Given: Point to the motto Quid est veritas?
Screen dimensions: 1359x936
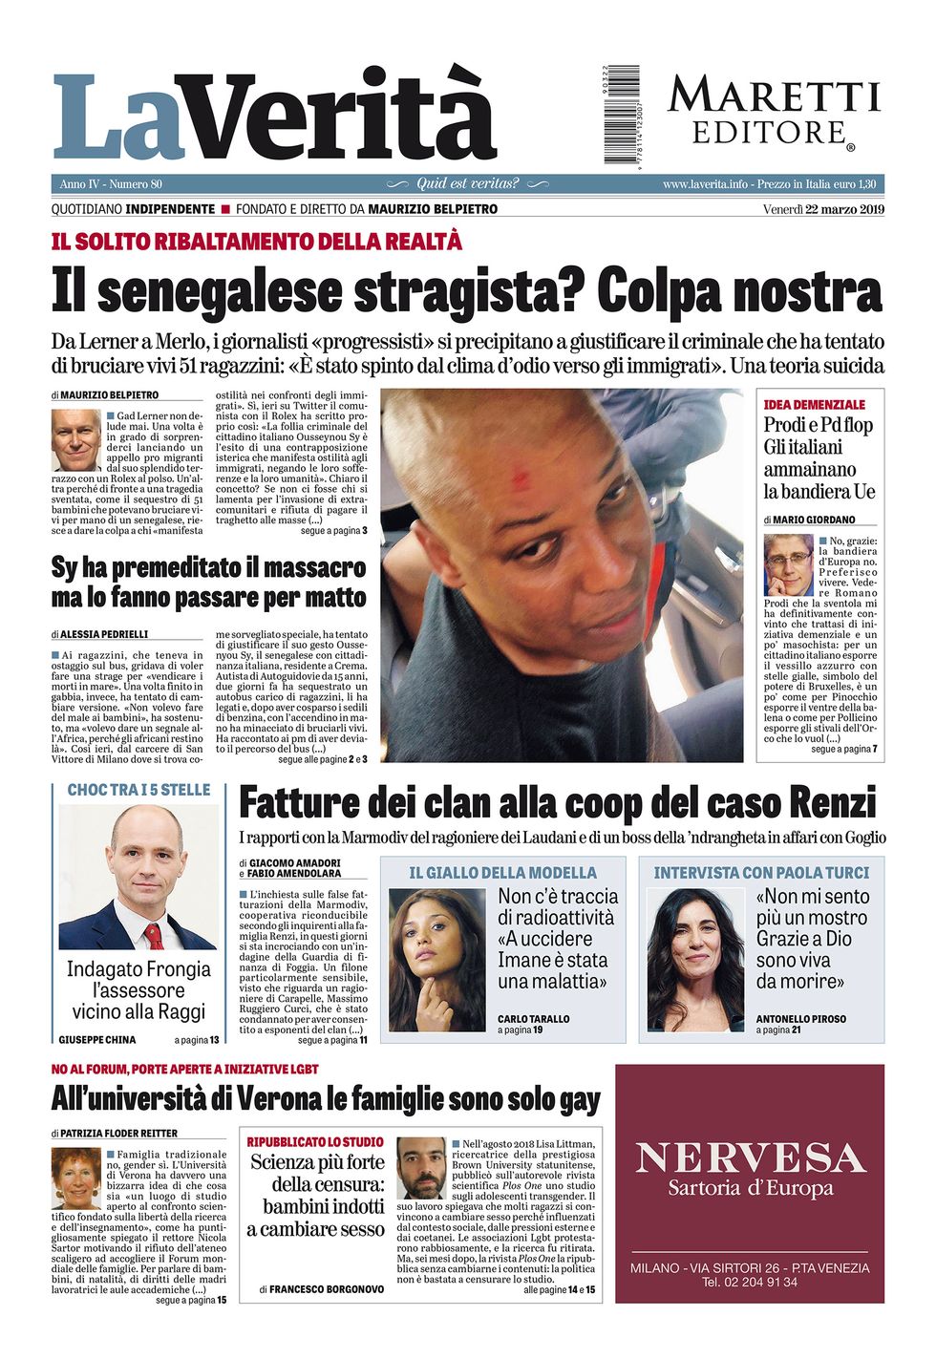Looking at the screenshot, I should coord(468,183).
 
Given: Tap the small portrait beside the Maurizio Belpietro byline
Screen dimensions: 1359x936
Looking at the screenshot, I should coord(75,440).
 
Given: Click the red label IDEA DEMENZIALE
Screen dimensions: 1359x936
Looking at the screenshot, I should coord(815,405).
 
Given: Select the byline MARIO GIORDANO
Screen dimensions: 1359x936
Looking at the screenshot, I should coord(814,520).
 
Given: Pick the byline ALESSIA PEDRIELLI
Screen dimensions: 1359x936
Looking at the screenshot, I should coord(105,634).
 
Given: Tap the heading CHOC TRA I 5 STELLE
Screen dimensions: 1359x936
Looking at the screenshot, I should coord(138,791).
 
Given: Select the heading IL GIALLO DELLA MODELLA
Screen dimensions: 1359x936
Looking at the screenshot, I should coord(502,873).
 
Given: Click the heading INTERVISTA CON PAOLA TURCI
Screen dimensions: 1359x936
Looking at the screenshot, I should coord(761,873).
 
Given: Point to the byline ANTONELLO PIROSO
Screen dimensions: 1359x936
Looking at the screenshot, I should coord(801,1019).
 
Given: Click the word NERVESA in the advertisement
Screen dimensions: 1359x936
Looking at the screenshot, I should coord(750,1157).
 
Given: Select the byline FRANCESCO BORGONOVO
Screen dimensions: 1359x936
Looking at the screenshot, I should coord(327,1289).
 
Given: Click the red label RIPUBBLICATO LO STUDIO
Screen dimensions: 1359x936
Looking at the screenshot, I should coord(315,1141).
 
